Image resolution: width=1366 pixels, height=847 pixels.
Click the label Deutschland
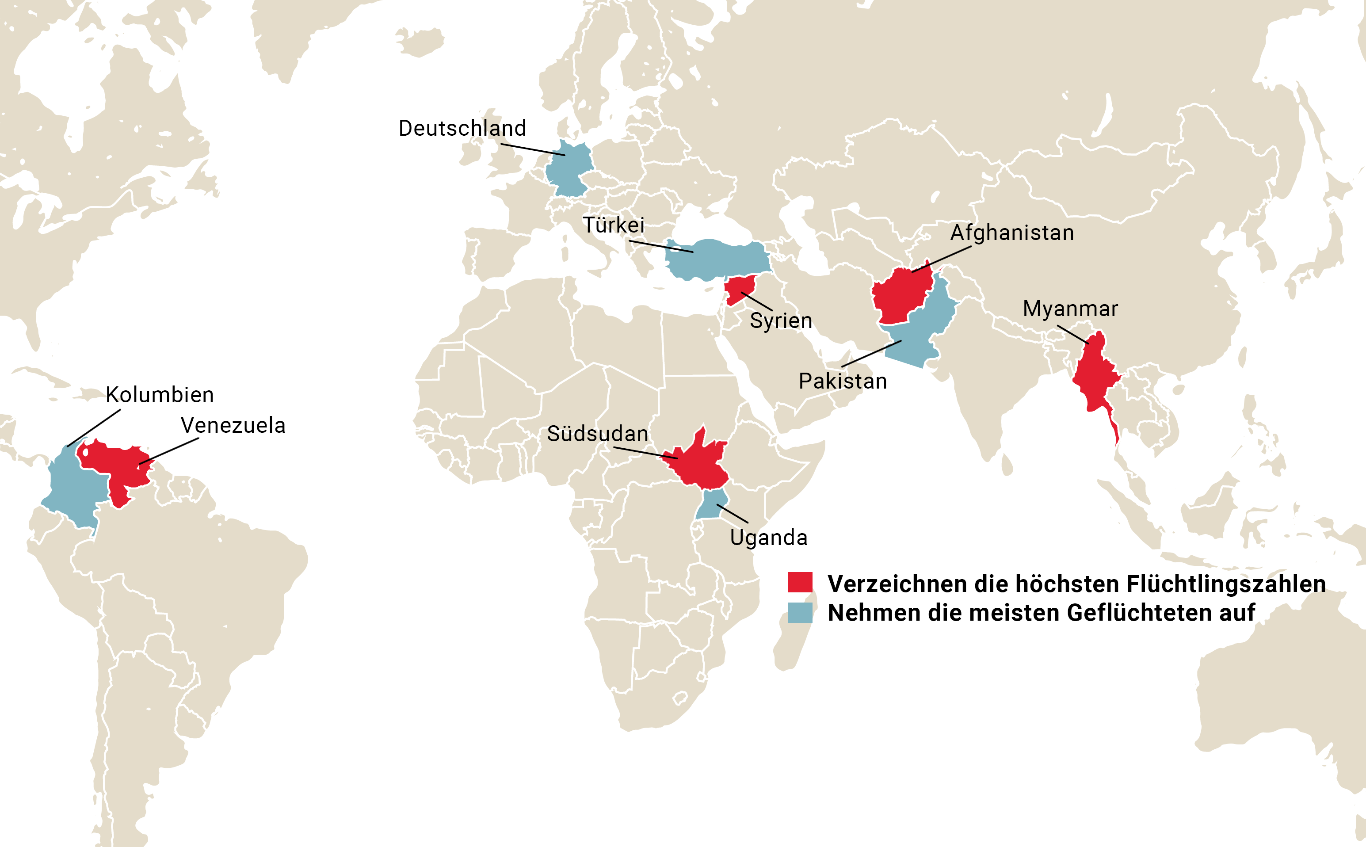click(x=462, y=128)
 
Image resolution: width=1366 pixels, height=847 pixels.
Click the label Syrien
click(x=781, y=320)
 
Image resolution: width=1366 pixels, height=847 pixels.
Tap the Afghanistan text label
click(x=1012, y=233)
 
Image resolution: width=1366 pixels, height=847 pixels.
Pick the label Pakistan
click(x=842, y=381)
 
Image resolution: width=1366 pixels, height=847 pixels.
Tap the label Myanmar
click(x=1070, y=309)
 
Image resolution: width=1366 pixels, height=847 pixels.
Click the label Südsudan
click(x=597, y=434)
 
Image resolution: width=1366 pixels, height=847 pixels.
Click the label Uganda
click(x=768, y=537)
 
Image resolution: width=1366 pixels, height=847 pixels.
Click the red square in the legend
click(x=800, y=582)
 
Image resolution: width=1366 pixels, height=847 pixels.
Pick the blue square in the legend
click(x=800, y=612)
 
